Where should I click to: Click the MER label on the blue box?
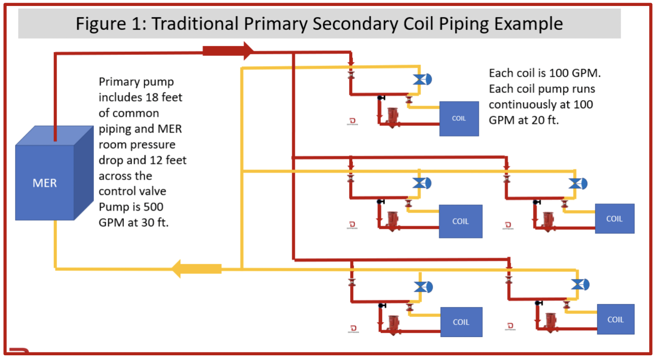pyautogui.click(x=44, y=183)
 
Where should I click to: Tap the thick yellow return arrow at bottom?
pyautogui.click(x=197, y=269)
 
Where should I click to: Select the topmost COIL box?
pyautogui.click(x=459, y=119)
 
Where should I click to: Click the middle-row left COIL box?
pyautogui.click(x=460, y=221)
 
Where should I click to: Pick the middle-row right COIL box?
pyautogui.click(x=614, y=219)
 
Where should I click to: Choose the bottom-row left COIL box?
pyautogui.click(x=461, y=322)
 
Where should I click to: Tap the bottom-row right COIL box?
pyautogui.click(x=615, y=319)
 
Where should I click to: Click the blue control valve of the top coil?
pyautogui.click(x=422, y=79)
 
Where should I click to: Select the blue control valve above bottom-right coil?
pyautogui.click(x=580, y=284)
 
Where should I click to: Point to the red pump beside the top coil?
pyautogui.click(x=392, y=116)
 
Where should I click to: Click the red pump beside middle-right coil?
pyautogui.click(x=548, y=220)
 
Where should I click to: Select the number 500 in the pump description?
pyautogui.click(x=153, y=207)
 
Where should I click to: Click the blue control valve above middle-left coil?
pyautogui.click(x=421, y=183)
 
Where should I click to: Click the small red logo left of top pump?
pyautogui.click(x=352, y=121)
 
